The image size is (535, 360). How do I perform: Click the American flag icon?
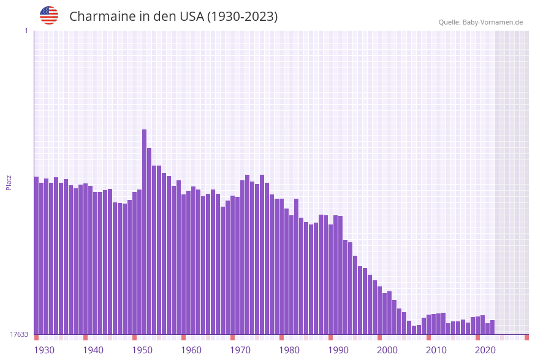(49, 15)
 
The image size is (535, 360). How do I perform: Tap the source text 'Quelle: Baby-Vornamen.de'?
(480, 22)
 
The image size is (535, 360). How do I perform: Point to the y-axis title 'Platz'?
(9, 182)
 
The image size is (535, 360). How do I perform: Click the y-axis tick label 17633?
(19, 334)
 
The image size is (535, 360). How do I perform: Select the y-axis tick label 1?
(26, 31)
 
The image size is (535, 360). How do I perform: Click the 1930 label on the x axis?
(44, 350)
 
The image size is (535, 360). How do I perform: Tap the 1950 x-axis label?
(142, 350)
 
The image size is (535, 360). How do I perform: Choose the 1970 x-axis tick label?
(240, 350)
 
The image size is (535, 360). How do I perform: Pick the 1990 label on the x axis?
(338, 350)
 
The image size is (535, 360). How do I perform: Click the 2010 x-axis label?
(436, 350)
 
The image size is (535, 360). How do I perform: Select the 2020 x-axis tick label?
(485, 350)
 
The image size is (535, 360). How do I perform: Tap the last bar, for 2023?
(492, 327)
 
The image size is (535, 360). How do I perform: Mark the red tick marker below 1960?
(183, 337)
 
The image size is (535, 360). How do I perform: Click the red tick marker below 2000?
(379, 337)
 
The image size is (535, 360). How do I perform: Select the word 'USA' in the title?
(191, 17)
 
